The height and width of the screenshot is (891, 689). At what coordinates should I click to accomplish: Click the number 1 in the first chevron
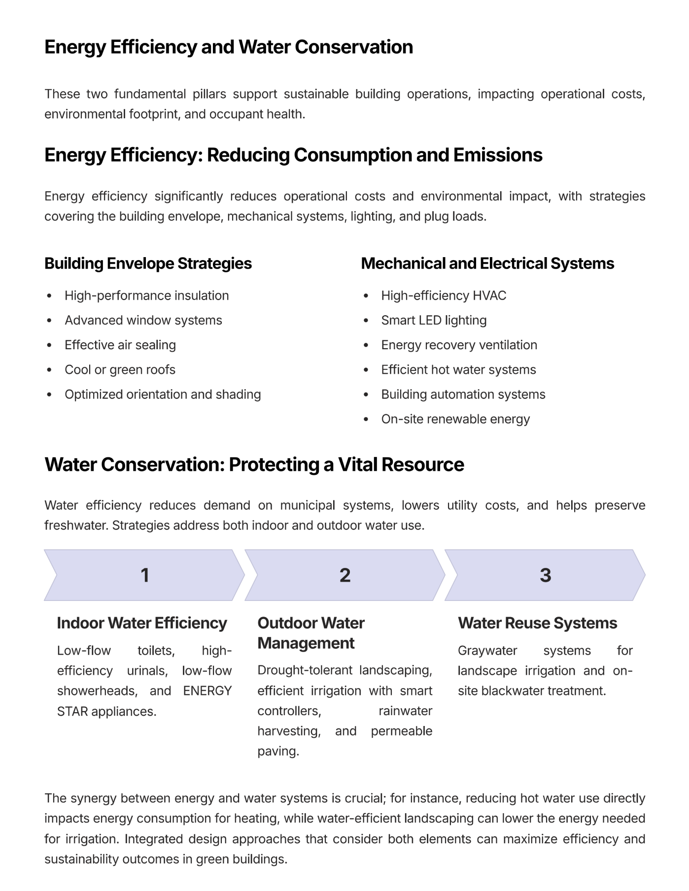(144, 575)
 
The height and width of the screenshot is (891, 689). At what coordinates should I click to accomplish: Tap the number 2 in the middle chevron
(345, 575)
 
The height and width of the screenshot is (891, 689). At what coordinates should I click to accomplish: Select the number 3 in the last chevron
(545, 575)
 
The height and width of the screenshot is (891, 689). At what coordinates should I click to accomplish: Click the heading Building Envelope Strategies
(148, 264)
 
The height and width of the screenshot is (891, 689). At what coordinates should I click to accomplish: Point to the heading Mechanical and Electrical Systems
(487, 264)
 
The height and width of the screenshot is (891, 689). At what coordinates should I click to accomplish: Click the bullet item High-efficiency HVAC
(444, 296)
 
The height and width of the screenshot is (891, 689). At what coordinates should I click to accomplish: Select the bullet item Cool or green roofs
(120, 370)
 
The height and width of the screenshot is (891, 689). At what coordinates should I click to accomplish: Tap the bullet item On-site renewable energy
(455, 419)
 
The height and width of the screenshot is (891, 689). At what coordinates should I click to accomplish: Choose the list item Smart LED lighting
(434, 321)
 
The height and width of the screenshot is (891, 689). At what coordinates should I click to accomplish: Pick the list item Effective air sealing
(120, 345)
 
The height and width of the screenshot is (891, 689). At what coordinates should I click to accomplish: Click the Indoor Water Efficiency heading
(142, 623)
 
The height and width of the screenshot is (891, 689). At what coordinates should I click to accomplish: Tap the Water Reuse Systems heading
(537, 623)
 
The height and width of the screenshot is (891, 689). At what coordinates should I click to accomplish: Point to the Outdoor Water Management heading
(310, 633)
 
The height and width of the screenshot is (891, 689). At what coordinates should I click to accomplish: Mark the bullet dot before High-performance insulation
(49, 296)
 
